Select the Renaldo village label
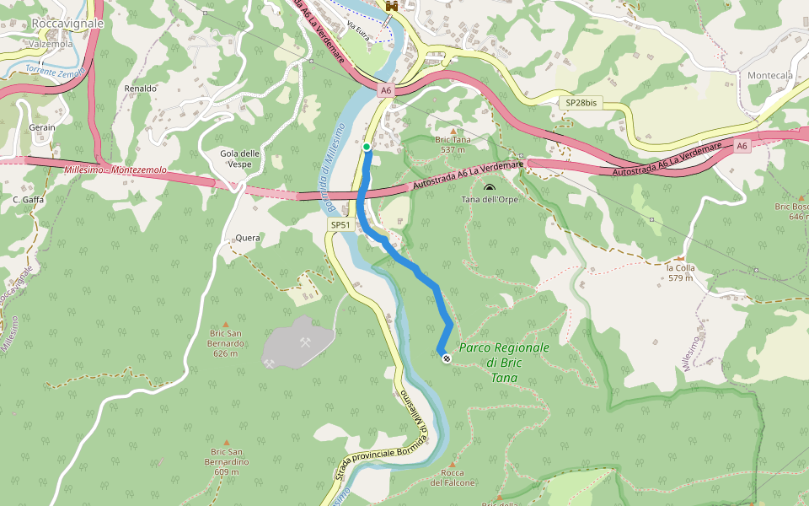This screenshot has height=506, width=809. pyautogui.click(x=141, y=88)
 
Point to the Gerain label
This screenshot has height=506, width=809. pyautogui.click(x=42, y=127)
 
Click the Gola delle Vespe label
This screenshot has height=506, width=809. pyautogui.click(x=239, y=158)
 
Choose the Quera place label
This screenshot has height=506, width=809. pyautogui.click(x=248, y=238)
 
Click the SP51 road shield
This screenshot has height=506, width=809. pyautogui.click(x=340, y=225)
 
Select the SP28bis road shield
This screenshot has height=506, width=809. pyautogui.click(x=581, y=103)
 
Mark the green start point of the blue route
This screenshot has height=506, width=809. pyautogui.click(x=367, y=148)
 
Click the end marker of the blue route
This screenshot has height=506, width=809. pyautogui.click(x=446, y=358)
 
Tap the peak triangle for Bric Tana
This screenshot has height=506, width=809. pyautogui.click(x=453, y=132)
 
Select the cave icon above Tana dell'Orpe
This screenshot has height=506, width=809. pyautogui.click(x=490, y=187)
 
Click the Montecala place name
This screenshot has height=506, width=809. pyautogui.click(x=770, y=75)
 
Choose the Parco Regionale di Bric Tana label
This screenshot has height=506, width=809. pyautogui.click(x=504, y=363)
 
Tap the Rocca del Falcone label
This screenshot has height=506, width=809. pyautogui.click(x=453, y=478)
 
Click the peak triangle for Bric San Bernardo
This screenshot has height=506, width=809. pyautogui.click(x=226, y=324)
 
